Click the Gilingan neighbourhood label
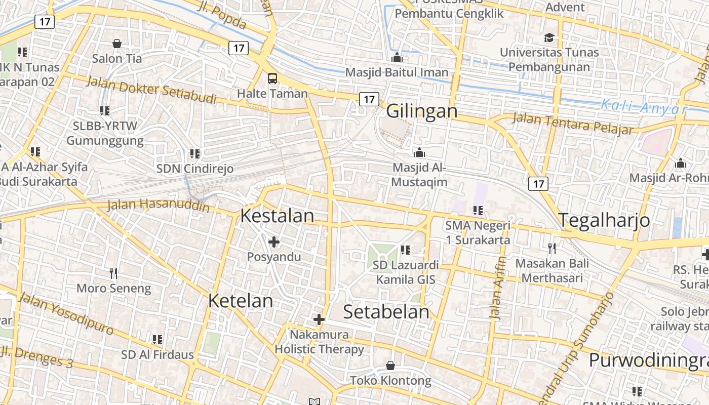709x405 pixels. pos(422,111)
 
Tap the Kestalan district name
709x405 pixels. pos(277,216)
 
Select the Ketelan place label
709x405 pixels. pos(241,301)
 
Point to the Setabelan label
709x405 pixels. pos(386,312)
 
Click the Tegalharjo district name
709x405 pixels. pos(604,220)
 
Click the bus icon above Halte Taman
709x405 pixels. pos(272,78)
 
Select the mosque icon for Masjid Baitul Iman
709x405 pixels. pos(397,57)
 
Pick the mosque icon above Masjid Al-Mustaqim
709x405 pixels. pos(419,152)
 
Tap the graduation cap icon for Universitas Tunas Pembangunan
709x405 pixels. pos(549,37)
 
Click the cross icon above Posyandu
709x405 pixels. pos(274,242)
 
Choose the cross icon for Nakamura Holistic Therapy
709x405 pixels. pos(319,319)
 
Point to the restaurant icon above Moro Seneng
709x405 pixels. pos(113,273)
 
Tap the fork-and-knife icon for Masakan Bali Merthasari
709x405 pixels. pos(552,248)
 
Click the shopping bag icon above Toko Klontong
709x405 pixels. pos(390,366)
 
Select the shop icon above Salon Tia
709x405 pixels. pos(117,44)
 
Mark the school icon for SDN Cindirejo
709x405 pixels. pos(194,153)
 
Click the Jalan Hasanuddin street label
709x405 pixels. pos(159,206)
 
